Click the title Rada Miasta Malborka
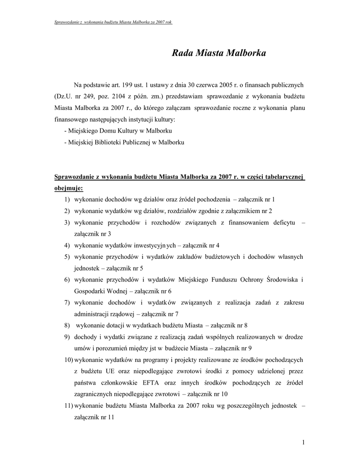click(x=219, y=53)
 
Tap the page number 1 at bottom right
click(x=303, y=442)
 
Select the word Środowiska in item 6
click(x=281, y=279)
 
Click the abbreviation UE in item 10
click(x=111, y=371)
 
